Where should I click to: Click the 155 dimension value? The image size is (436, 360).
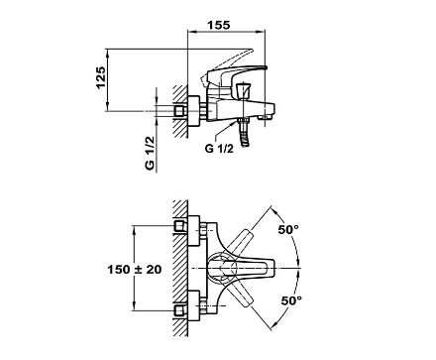[x=219, y=25]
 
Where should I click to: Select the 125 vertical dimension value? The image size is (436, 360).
[x=101, y=77]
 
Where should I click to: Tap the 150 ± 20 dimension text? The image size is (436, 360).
[x=135, y=270]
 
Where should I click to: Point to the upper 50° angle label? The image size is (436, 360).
[x=288, y=229]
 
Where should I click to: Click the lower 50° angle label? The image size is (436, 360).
[x=291, y=300]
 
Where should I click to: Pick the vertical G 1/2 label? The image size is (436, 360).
[x=150, y=153]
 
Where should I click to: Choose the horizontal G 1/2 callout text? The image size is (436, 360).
[x=219, y=149]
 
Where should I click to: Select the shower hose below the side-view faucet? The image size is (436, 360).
[x=245, y=137]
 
